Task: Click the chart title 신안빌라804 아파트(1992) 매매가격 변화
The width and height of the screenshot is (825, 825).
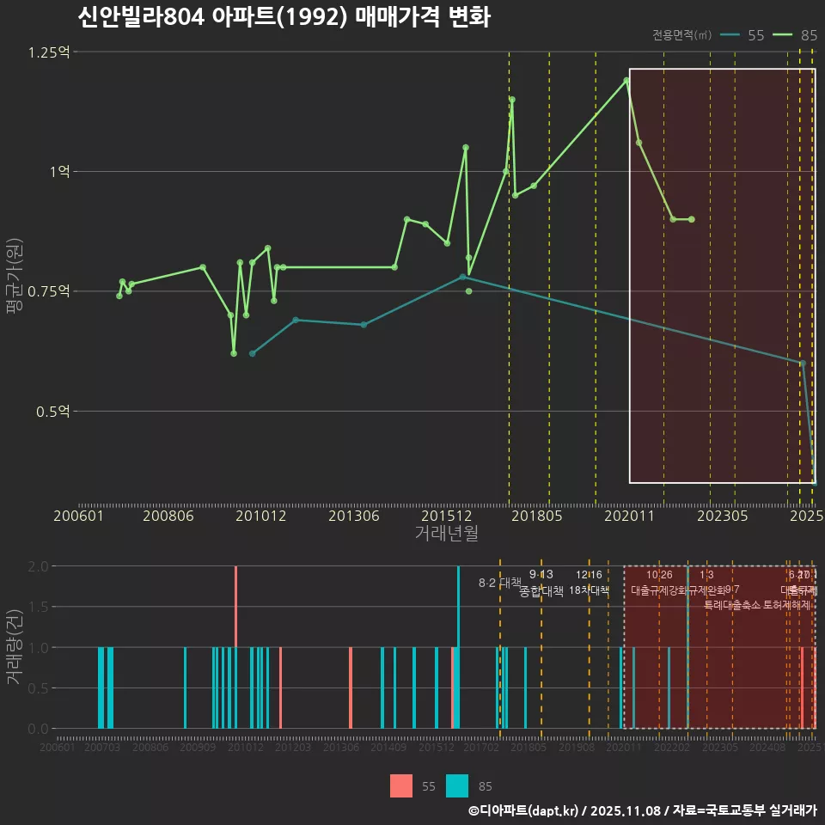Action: [x=284, y=17]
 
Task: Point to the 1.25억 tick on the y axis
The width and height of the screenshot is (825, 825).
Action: [x=49, y=52]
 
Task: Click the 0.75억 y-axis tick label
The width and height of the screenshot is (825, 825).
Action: [x=49, y=291]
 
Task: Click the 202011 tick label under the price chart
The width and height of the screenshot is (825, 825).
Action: [x=632, y=516]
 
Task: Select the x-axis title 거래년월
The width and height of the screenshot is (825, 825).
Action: [x=447, y=534]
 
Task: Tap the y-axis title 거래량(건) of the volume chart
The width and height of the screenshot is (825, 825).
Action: [x=15, y=646]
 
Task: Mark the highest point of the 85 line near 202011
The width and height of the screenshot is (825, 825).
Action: [x=626, y=80]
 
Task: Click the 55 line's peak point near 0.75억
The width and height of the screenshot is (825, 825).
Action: [x=462, y=277]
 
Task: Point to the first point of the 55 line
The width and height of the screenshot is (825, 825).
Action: [x=252, y=353]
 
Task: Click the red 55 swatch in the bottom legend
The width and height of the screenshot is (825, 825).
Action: [x=401, y=785]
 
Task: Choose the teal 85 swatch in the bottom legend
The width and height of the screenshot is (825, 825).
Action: [x=457, y=785]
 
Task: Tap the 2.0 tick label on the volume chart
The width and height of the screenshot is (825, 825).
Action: [x=38, y=566]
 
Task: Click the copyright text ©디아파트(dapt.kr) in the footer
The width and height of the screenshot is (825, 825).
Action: [x=522, y=810]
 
